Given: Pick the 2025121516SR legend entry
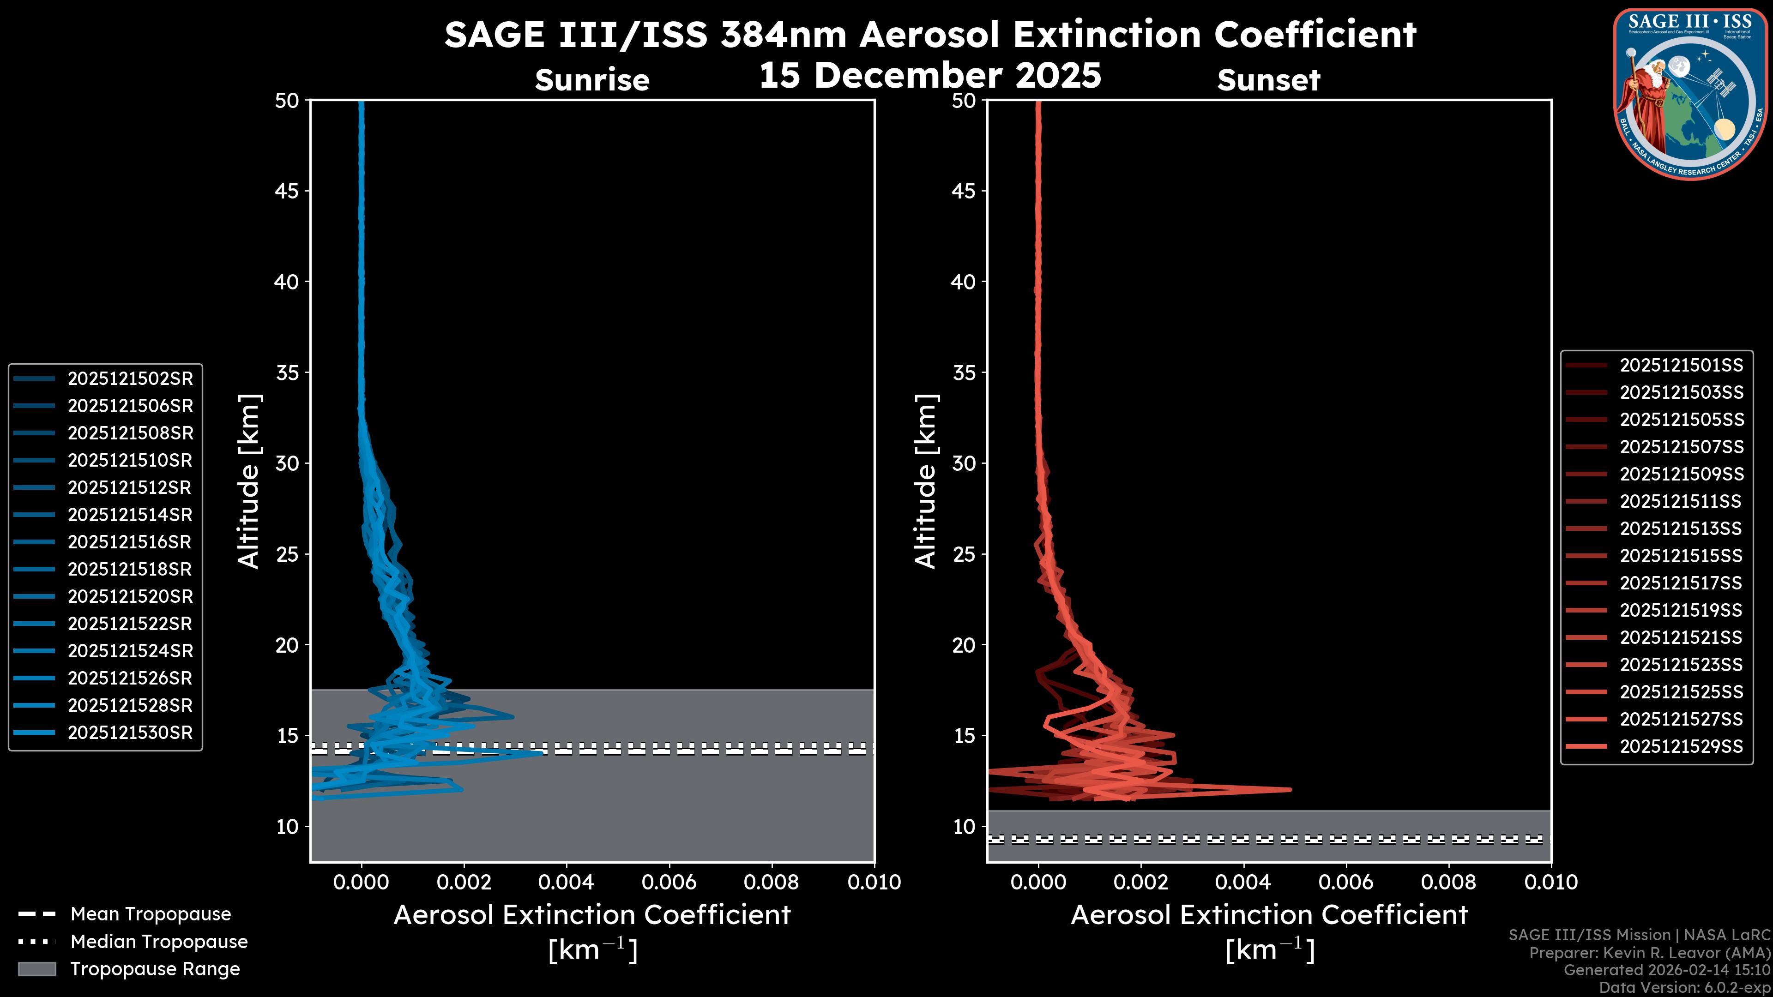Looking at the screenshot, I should coord(129,542).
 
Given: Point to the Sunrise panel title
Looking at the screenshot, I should coord(592,80).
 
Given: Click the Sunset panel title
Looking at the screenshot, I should coord(1268,80).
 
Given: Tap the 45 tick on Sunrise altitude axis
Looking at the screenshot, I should coord(287,191).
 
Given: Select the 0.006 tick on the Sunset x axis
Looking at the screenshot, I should coord(1346,882).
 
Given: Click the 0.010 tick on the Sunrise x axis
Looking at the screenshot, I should coord(874,882).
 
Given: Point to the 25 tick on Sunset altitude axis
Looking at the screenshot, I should coord(964,554).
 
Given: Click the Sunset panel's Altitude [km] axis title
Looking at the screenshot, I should coord(926,481).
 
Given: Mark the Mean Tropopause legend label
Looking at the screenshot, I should coord(151,914).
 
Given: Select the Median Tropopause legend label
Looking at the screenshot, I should coord(159,942).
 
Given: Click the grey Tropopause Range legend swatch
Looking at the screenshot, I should coord(36,969).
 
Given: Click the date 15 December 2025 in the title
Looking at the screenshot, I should coord(930,76).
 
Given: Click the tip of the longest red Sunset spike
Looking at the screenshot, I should coord(1290,789).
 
